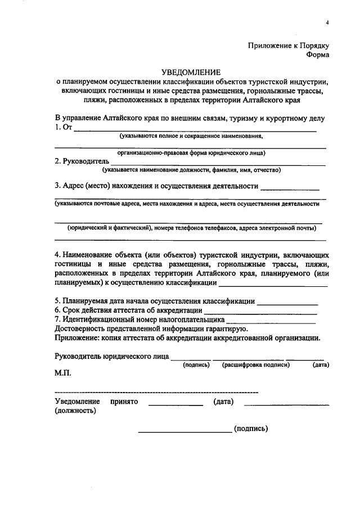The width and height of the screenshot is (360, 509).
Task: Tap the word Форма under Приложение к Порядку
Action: click(318, 55)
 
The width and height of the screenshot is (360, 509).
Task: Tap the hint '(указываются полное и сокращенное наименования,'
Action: click(191, 137)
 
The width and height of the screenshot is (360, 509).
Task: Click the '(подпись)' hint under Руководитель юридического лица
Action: click(196, 365)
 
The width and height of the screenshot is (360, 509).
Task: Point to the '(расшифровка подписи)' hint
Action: click(255, 365)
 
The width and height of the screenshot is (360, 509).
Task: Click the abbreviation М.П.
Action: click(62, 373)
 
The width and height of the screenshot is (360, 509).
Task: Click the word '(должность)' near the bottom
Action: click(75, 411)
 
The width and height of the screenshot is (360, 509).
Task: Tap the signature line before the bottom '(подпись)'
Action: click(184, 432)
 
